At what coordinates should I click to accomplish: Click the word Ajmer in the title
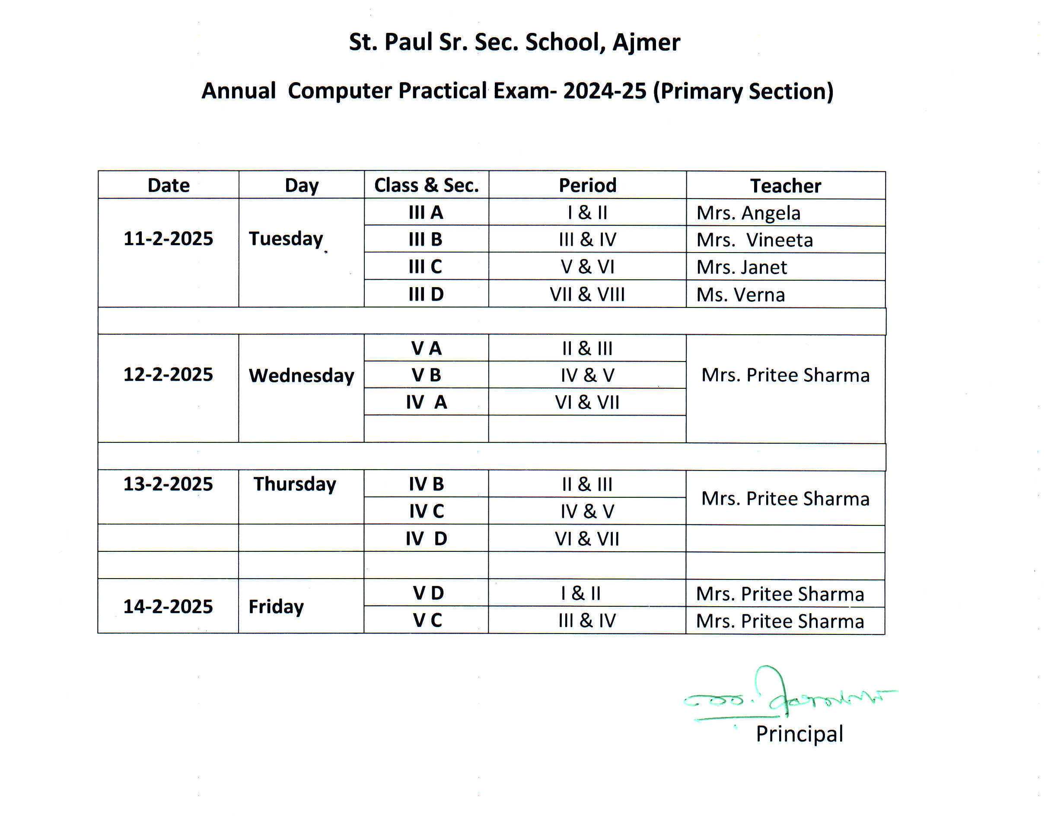pos(646,42)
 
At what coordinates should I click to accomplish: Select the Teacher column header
pos(785,186)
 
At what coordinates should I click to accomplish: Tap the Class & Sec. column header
pos(427,186)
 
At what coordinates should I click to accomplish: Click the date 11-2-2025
pos(168,239)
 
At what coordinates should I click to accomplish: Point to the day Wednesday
pos(301,375)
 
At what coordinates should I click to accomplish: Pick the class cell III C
pos(425,267)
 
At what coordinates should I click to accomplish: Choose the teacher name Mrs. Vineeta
pos(755,240)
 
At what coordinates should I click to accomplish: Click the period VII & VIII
pos(587,294)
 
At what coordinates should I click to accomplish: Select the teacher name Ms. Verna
pos(741,294)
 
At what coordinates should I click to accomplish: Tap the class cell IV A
pos(427,402)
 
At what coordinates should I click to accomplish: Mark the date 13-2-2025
pos(168,484)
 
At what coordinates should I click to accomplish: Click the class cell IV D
pos(427,538)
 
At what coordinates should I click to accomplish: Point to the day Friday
pos(276,607)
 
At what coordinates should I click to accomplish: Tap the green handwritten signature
pos(789,698)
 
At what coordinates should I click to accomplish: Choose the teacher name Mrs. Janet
pos(742,267)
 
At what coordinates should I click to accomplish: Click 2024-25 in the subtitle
pos(605,91)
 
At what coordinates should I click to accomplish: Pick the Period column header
pos(587,186)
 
